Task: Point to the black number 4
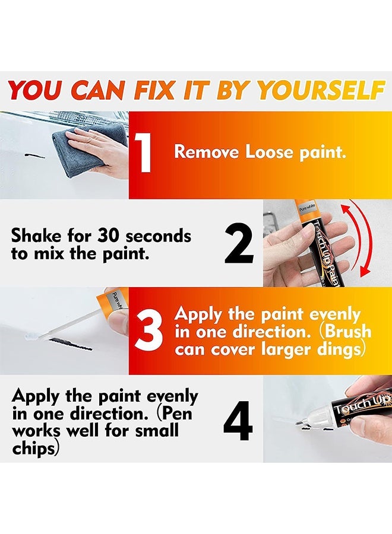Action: point(238,420)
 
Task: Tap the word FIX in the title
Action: point(157,91)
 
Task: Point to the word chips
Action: point(34,446)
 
